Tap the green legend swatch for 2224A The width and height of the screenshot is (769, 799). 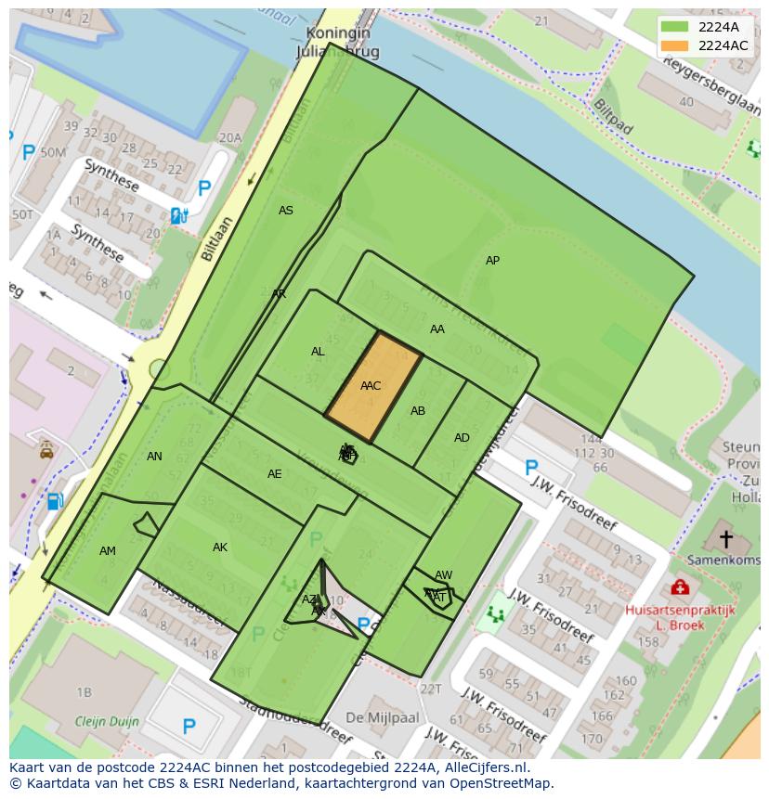pos(675,27)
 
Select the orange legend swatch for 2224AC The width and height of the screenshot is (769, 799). pos(675,45)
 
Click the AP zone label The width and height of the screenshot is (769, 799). pos(492,261)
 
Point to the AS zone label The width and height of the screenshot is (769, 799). pos(286,211)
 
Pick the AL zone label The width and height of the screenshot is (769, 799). pos(318,352)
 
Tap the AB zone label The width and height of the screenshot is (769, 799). pos(418,411)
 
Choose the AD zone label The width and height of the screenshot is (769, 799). pos(462,438)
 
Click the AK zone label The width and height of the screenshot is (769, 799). pos(220,548)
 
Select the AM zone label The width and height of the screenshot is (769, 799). pos(108,551)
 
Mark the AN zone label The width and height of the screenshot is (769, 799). pos(154,456)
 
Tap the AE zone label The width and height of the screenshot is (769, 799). pos(274,474)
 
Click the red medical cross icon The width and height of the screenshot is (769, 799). pos(680,587)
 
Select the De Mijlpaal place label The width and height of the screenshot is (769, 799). pos(382,717)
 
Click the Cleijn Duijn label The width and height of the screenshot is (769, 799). pos(108,721)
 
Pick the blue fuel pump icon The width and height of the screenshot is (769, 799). pos(55,501)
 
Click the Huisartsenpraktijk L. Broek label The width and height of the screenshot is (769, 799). pos(680,617)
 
